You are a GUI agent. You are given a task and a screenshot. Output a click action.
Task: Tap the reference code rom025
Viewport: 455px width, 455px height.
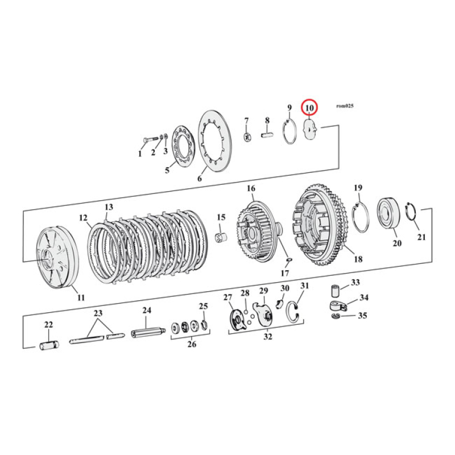tap(345, 106)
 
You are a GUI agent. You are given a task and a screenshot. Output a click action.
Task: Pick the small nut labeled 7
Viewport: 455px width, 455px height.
tap(247, 136)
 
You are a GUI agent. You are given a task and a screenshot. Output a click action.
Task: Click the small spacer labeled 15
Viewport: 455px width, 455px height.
tap(221, 236)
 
